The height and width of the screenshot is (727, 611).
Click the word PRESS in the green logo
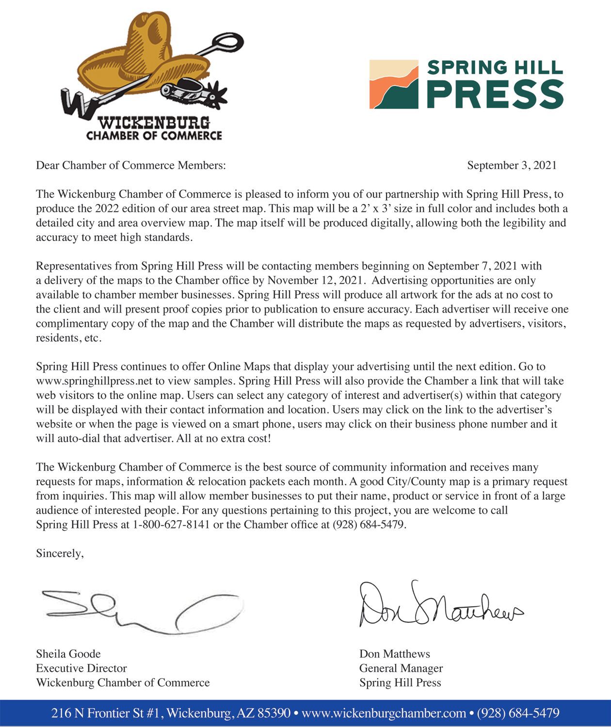[x=495, y=94]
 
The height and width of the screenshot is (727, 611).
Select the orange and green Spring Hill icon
[x=394, y=84]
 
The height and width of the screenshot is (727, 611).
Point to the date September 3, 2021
[x=512, y=165]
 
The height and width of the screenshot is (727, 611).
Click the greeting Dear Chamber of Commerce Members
[x=131, y=165]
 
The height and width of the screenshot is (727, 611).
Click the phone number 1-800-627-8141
[x=171, y=524]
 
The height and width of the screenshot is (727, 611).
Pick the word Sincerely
[x=60, y=553]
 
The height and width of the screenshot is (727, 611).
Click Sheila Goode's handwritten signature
[x=141, y=611]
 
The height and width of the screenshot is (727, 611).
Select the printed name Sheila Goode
[x=68, y=654]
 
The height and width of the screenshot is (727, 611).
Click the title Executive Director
[x=81, y=668]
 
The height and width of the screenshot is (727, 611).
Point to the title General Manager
[x=401, y=668]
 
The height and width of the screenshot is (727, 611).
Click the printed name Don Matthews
[x=395, y=654]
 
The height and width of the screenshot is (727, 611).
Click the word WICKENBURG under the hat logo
[x=154, y=123]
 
